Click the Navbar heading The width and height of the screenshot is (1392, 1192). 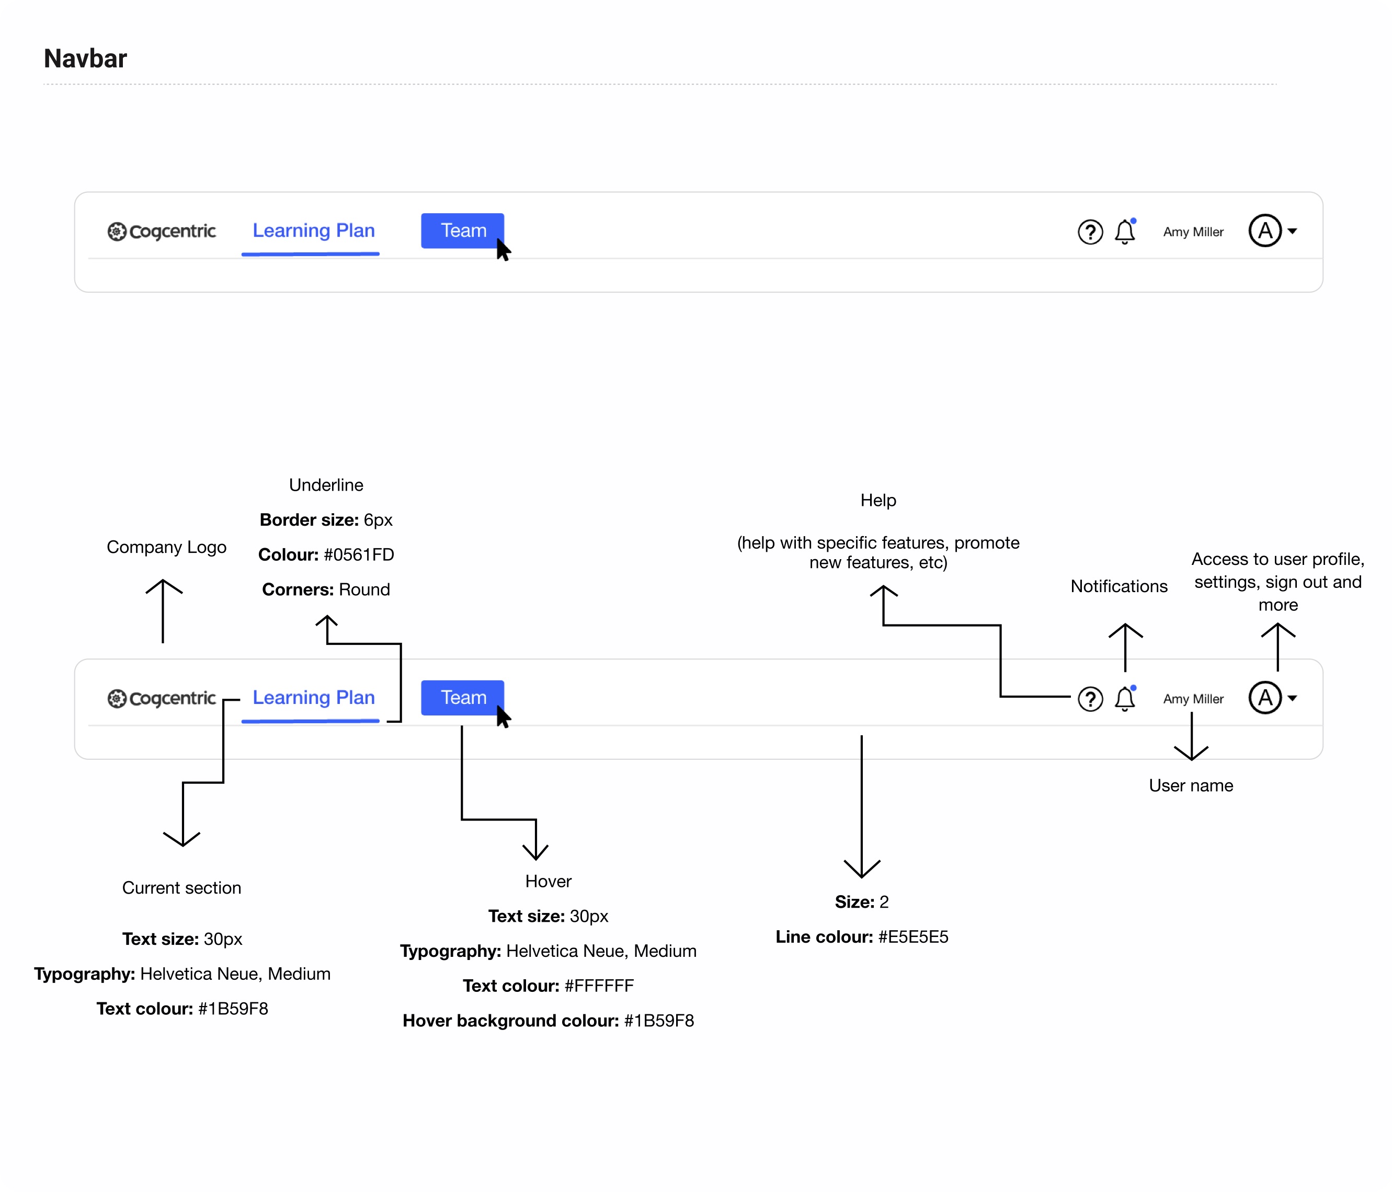click(x=85, y=59)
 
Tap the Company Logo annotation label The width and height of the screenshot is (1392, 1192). click(x=167, y=547)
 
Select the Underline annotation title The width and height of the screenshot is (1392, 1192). click(x=326, y=485)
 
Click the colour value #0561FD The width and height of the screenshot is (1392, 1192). click(x=359, y=554)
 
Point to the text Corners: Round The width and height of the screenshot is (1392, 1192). click(x=326, y=589)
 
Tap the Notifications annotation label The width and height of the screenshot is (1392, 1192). click(x=1119, y=586)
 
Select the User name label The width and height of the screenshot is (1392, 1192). click(x=1191, y=786)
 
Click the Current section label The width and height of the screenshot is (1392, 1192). click(x=181, y=888)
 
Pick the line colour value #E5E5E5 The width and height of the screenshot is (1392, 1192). click(x=913, y=937)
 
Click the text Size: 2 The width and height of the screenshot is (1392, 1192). click(x=861, y=902)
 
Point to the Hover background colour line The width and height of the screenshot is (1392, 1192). click(x=548, y=1021)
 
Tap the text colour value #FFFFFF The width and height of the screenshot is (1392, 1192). click(x=599, y=986)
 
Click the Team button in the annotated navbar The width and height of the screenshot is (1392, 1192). click(x=462, y=698)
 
